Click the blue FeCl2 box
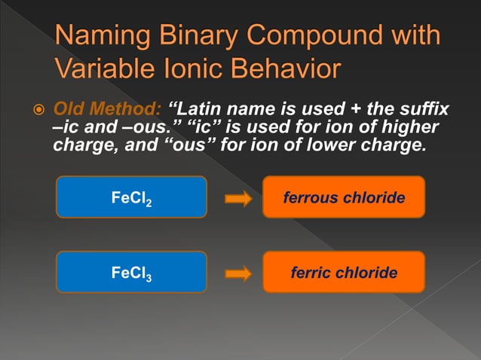(132, 197)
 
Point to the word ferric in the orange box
(311, 273)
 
